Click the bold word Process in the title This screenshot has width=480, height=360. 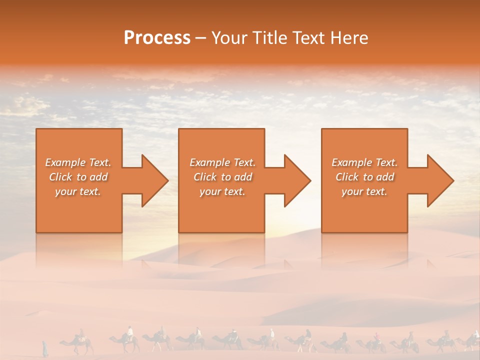[157, 38]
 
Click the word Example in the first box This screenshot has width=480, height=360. [65, 162]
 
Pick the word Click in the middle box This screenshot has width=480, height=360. [205, 177]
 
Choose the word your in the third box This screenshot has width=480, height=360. [352, 191]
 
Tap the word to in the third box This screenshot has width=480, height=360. [368, 177]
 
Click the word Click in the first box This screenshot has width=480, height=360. [60, 177]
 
